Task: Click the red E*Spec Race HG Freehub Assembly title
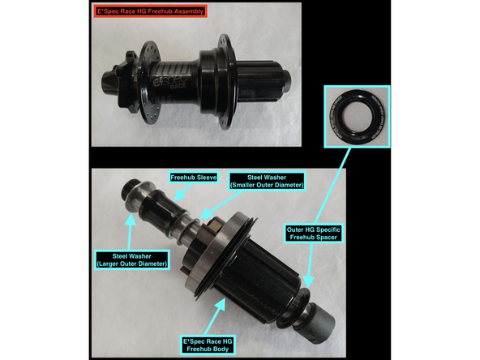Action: coord(150,11)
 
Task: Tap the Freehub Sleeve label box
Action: coord(194,178)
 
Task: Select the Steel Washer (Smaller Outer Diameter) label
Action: coord(267,182)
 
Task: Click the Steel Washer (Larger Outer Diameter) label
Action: coord(132,260)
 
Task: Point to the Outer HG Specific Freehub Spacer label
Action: coord(314,234)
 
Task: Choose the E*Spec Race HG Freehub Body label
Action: coord(208,345)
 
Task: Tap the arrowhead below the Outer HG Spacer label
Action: coord(309,281)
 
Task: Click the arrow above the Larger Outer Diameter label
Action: coord(131,232)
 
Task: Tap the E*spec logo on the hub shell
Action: coord(169,81)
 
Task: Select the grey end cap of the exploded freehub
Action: coord(320,321)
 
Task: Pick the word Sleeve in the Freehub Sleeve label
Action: coord(206,178)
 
